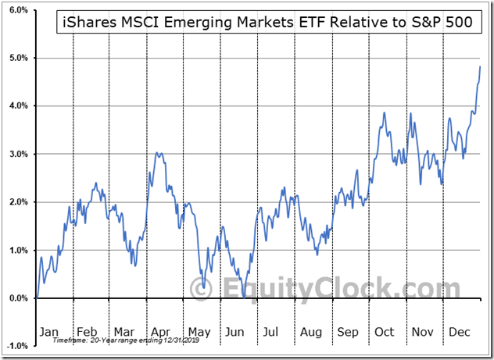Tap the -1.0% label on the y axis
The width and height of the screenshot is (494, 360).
16,346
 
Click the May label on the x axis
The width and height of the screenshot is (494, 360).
202,331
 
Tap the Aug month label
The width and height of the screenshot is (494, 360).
310,331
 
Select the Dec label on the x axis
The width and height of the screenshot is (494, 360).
460,331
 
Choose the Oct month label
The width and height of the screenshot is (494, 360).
385,331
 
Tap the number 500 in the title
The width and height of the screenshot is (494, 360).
457,23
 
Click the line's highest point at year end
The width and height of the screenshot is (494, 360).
479,67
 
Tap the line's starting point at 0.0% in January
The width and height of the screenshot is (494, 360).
37,298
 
